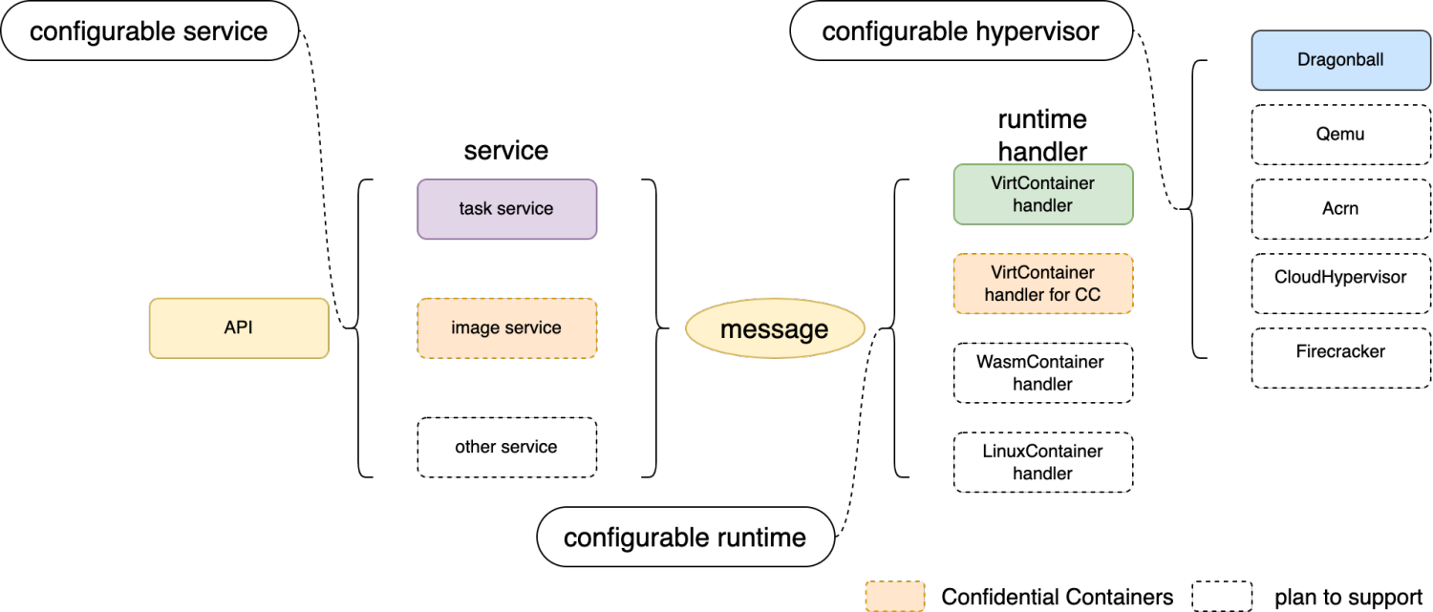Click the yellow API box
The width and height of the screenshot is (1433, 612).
239,328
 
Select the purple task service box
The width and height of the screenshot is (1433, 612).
506,209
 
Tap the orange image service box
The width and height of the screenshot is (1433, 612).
506,328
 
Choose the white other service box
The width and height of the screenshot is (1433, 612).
506,447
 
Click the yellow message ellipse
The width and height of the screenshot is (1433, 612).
775,329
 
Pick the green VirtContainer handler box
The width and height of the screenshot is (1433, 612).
1042,194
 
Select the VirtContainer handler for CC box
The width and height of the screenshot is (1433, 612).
1042,284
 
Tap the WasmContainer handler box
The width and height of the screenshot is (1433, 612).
1042,373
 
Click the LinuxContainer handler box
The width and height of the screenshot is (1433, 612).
1042,462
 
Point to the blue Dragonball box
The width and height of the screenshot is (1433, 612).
1340,60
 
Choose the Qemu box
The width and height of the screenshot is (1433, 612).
1340,135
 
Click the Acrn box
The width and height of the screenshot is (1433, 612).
1340,209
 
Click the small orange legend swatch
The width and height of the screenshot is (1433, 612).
895,596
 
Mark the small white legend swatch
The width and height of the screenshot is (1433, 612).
1221,596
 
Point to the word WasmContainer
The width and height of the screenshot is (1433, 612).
1039,362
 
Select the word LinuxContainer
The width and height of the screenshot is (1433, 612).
1042,451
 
